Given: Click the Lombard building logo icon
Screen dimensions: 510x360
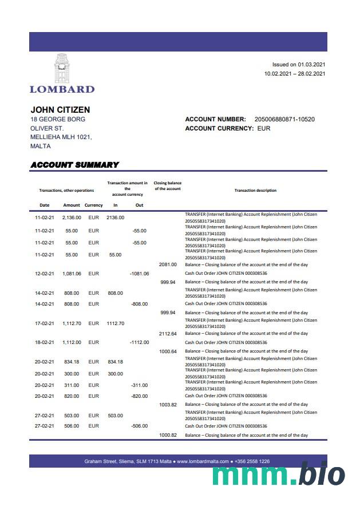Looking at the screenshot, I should coord(62,68).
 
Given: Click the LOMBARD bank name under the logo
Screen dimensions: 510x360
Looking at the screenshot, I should coord(62,89).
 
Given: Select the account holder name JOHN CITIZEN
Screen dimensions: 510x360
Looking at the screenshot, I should coord(60,109).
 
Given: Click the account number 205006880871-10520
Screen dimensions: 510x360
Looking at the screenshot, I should coord(284,119).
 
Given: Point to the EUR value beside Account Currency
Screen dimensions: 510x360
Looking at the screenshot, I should coord(264,128).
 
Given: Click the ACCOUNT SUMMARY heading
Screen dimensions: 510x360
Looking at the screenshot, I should coord(74,165).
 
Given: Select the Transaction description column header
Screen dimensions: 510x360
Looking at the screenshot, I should coord(255,190).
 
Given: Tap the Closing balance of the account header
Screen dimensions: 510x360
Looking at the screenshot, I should coord(167,185).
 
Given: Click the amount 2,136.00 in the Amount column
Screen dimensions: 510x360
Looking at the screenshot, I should coord(72,218).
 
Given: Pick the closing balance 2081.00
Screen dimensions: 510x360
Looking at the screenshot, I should coord(168,264).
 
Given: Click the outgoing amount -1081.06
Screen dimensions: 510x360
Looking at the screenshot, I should coord(139,274).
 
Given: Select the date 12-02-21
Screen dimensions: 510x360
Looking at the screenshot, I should coord(44,274).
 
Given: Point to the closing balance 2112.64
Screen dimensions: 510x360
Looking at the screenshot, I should coord(168,333).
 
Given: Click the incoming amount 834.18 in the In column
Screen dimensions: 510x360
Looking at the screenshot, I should coord(116,362).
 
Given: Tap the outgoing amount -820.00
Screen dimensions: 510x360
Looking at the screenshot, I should coord(139,396).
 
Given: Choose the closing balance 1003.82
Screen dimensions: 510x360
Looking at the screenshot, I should coord(168,404).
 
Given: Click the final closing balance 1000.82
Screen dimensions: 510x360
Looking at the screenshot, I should coord(168,435).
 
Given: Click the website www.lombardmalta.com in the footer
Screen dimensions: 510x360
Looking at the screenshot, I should coord(203,461).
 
